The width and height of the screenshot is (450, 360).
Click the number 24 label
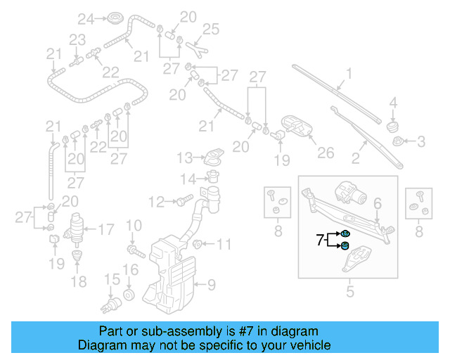tap(85, 18)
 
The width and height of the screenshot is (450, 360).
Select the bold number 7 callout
tap(321, 240)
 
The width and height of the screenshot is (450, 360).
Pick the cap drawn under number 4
tap(393, 125)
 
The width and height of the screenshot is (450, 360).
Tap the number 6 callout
tap(377, 203)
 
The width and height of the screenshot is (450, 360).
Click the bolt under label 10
tap(133, 249)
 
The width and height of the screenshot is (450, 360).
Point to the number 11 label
tap(224, 245)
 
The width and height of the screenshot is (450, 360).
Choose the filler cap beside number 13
tap(212, 157)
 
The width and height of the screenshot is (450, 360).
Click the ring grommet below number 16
tap(129, 292)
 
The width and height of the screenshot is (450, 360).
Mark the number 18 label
tap(79, 282)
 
